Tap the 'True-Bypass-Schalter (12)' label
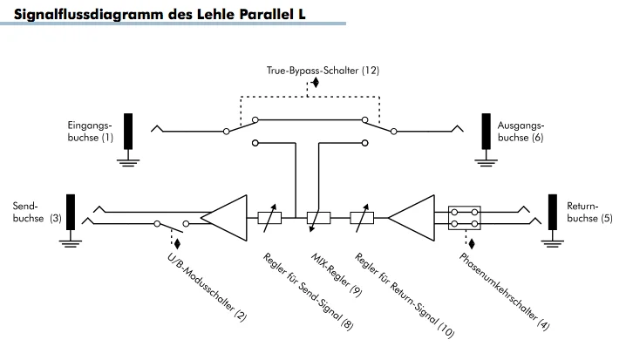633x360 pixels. pos(323,68)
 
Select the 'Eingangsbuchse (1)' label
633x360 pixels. pos(91,132)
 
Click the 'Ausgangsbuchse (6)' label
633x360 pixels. pos(521,132)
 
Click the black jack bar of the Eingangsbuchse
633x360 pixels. pos(129,131)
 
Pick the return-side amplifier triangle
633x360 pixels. pos(413,214)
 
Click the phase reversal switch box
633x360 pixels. pos(464,215)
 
